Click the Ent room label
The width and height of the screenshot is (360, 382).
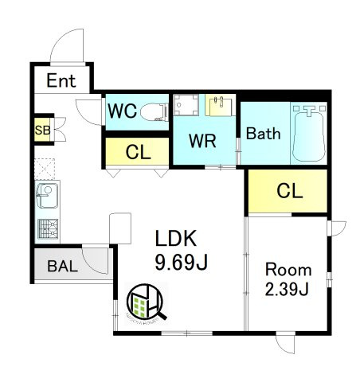61,80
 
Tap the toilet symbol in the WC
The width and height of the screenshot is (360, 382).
154,112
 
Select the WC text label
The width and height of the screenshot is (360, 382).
123,111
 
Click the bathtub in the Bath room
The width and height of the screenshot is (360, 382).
309,134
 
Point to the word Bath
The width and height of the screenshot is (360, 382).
263,134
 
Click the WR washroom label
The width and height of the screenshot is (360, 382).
202,141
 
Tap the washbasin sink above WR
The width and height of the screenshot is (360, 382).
220,105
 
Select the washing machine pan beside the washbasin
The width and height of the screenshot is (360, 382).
186,105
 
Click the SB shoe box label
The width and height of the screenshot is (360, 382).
42,131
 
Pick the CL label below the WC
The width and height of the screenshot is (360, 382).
138,152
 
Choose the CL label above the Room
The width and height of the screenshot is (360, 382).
289,190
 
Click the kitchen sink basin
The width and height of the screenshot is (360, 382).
47,195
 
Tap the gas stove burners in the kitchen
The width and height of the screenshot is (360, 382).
48,228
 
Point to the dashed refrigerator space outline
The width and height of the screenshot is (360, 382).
45,169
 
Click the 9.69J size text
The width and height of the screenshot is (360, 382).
182,263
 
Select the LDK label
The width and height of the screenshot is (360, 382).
176,238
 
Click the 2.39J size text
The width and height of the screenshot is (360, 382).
287,289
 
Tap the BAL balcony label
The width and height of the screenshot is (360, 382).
63,266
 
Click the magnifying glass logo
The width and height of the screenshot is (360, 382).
147,302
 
